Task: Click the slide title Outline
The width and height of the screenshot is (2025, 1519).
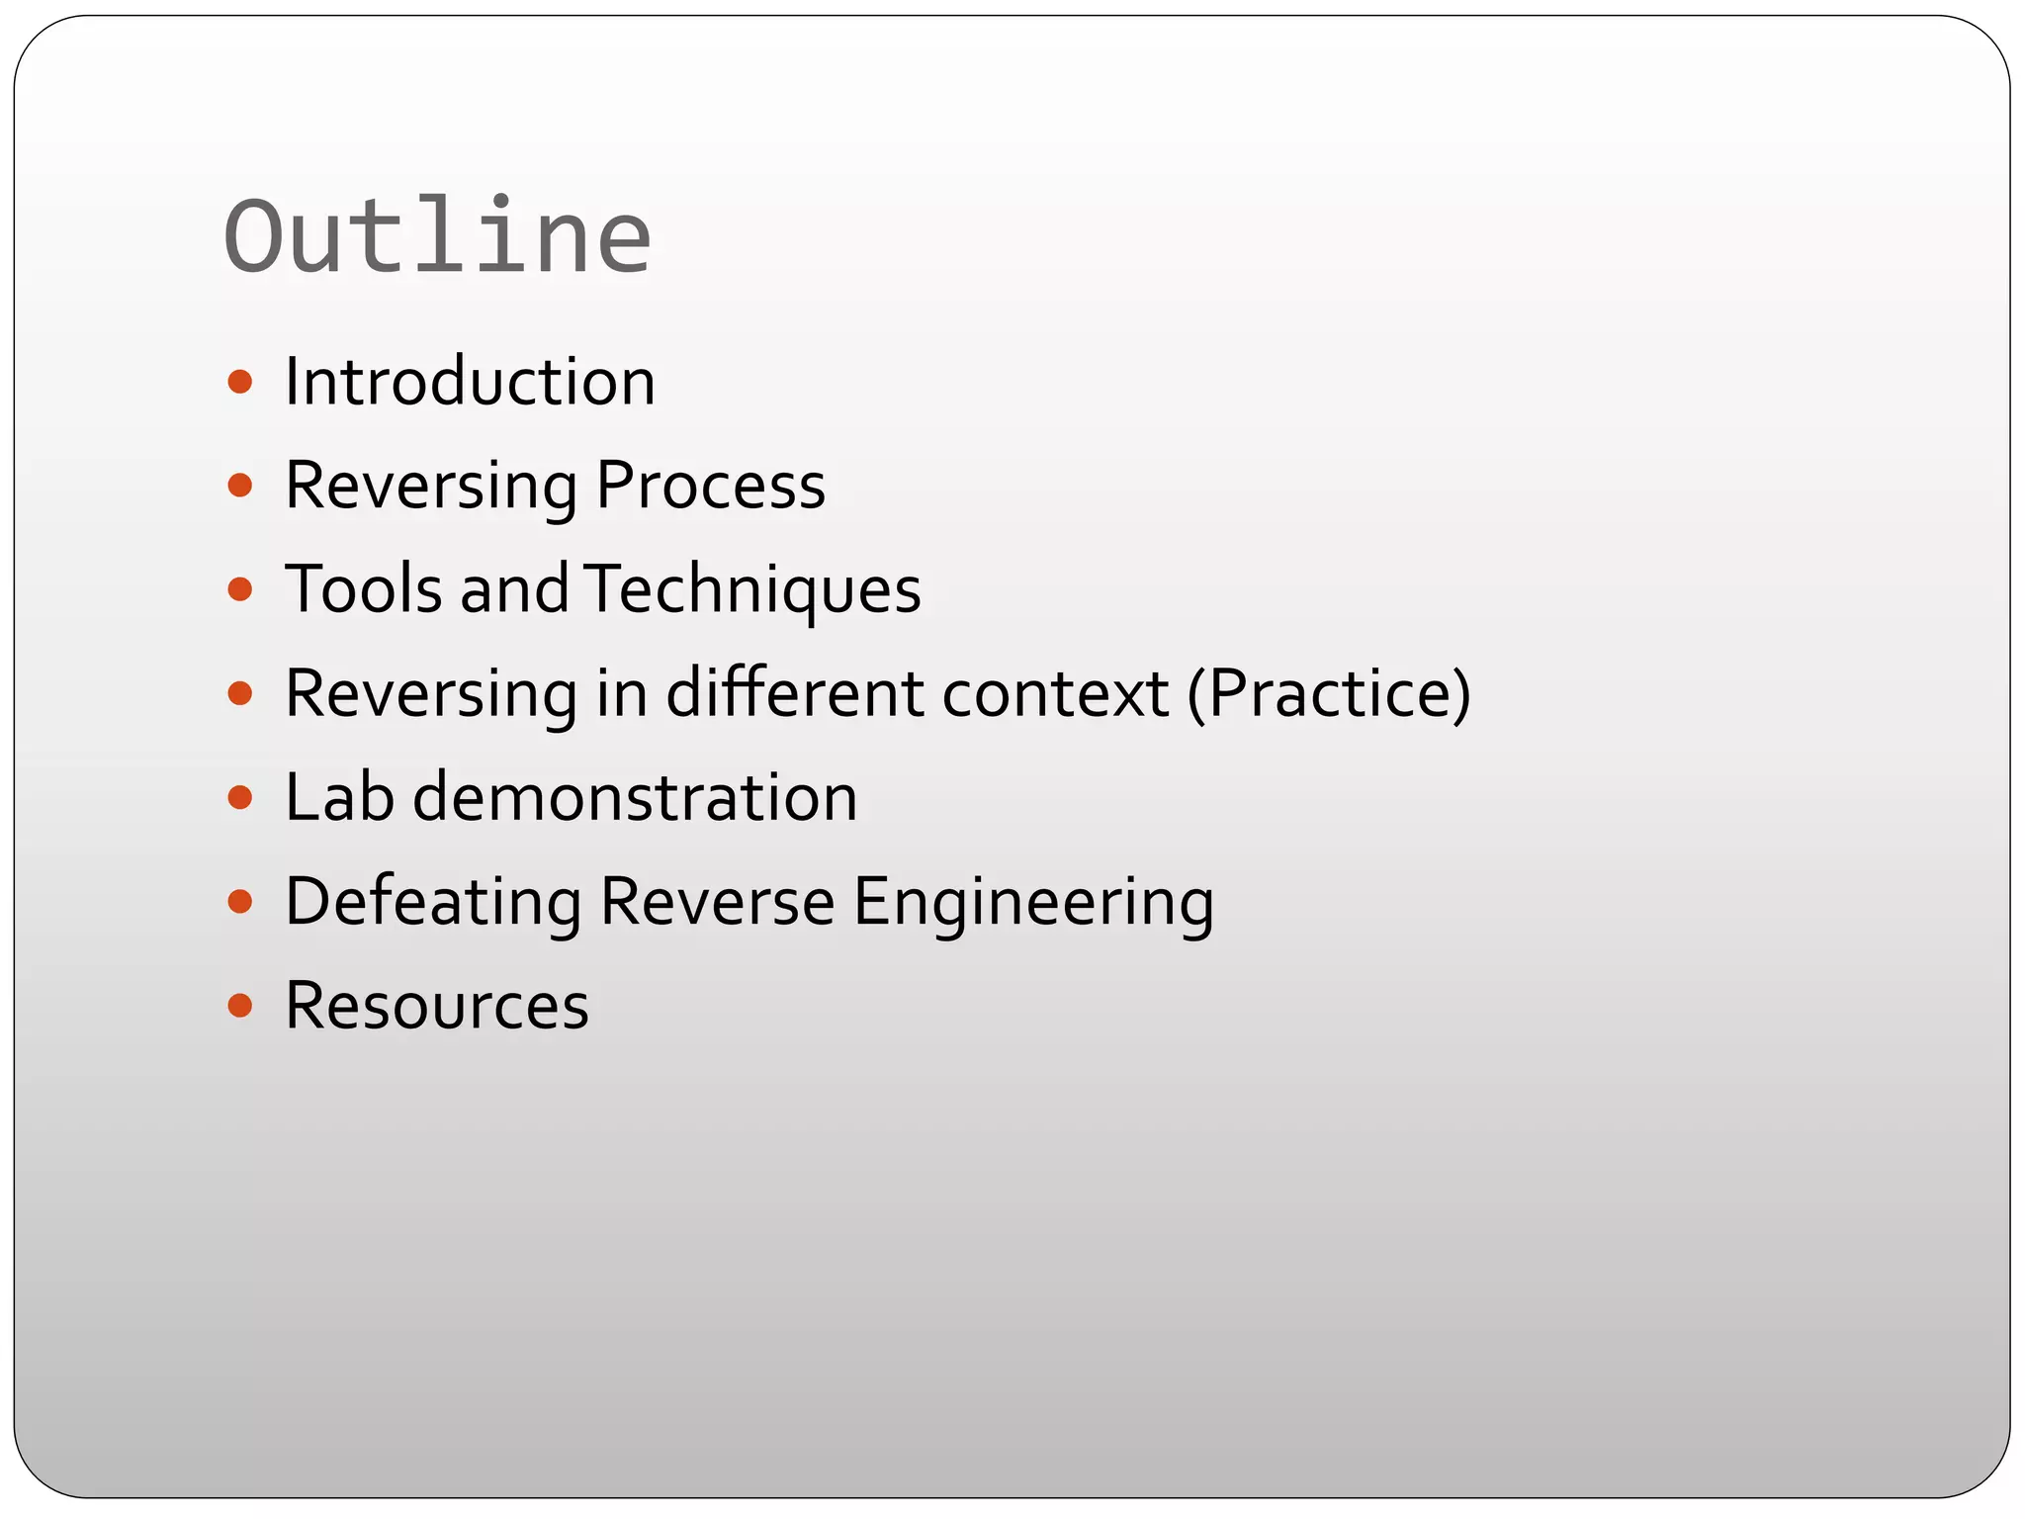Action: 437,237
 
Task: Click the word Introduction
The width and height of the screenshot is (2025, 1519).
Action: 470,382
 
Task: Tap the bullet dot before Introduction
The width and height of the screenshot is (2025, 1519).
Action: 240,382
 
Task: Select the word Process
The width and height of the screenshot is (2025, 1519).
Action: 711,486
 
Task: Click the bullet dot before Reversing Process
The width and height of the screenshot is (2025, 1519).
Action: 240,486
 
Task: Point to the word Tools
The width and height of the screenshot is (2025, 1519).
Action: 364,589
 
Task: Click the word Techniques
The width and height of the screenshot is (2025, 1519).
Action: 752,589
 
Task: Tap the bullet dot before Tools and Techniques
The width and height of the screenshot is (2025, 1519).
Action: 240,590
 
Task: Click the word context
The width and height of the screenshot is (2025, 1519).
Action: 1055,693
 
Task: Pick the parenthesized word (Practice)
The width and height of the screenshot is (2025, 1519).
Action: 1329,693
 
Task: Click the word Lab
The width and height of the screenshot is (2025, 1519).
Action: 339,797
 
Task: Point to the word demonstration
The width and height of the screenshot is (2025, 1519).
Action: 635,797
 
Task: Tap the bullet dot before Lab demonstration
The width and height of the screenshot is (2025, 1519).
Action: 240,797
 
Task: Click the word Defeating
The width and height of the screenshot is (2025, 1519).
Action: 433,902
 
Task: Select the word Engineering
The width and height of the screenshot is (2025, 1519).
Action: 1033,902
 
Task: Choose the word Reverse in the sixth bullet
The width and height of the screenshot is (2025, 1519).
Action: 717,902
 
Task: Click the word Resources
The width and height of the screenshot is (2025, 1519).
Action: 437,1006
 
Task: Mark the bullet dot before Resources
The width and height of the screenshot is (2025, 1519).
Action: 240,1006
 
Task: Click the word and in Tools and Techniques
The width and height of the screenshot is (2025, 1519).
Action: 514,589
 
